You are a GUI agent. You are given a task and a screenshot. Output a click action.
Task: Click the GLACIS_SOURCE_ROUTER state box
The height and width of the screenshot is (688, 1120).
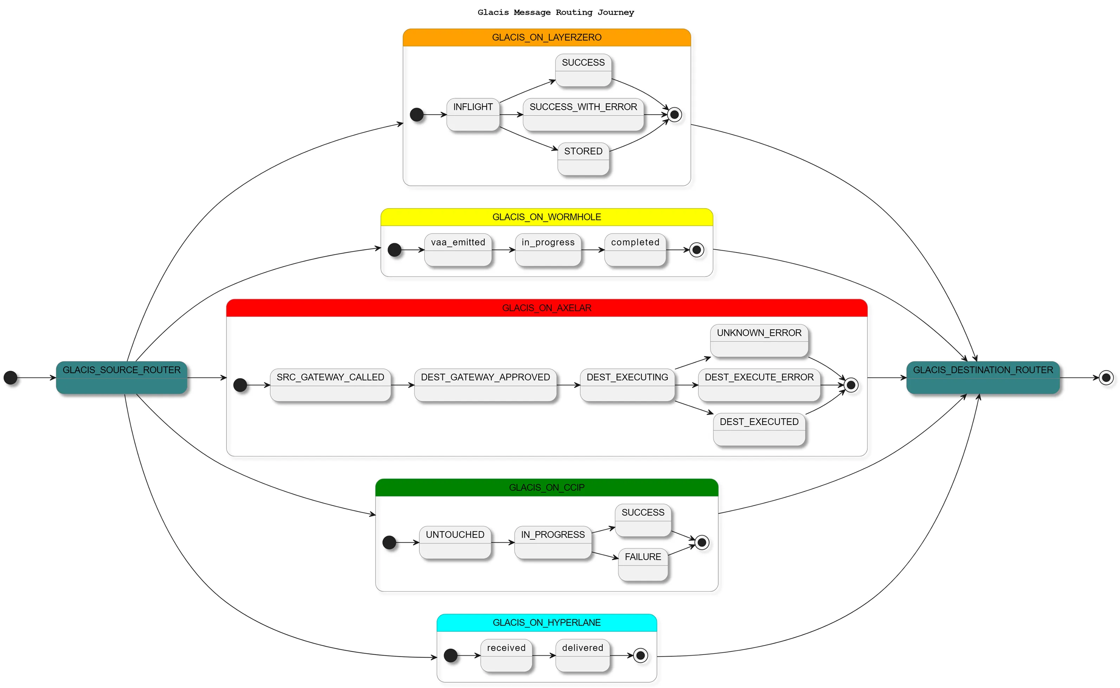click(122, 377)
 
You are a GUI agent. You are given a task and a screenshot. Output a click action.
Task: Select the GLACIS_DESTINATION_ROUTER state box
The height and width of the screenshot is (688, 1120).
click(983, 377)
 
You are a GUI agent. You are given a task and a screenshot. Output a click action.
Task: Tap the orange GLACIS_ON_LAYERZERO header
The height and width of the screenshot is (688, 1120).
click(546, 37)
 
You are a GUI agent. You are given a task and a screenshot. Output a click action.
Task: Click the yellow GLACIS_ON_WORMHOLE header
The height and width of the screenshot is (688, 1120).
click(546, 217)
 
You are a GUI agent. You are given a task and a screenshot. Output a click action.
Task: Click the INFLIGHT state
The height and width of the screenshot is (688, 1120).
click(473, 115)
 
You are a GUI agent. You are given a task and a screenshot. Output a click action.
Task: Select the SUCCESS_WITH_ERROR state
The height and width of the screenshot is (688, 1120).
click(583, 115)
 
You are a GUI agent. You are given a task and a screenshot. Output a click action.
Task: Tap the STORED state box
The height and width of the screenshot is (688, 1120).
click(583, 159)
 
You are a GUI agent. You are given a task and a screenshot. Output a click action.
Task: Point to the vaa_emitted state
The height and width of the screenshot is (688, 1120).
click(458, 249)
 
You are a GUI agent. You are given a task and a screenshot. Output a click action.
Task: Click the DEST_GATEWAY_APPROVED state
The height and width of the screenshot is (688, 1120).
click(485, 385)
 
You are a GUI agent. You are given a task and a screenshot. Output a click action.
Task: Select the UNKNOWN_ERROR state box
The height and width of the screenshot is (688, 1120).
click(759, 340)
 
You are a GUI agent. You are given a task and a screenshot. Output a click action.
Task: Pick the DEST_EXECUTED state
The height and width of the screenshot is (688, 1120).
click(759, 429)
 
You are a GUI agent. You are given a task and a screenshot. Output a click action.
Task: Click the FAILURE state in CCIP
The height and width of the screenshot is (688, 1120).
click(643, 564)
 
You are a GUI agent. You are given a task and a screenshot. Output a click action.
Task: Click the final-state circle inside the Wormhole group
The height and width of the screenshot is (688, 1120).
click(696, 250)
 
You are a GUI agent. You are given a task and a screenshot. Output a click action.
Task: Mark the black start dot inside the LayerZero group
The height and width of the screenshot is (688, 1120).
click(416, 115)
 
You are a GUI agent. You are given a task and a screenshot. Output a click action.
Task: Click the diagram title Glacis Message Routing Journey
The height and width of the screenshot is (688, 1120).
click(555, 12)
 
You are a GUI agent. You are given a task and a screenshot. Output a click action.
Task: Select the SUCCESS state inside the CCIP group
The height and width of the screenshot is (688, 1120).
click(643, 520)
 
